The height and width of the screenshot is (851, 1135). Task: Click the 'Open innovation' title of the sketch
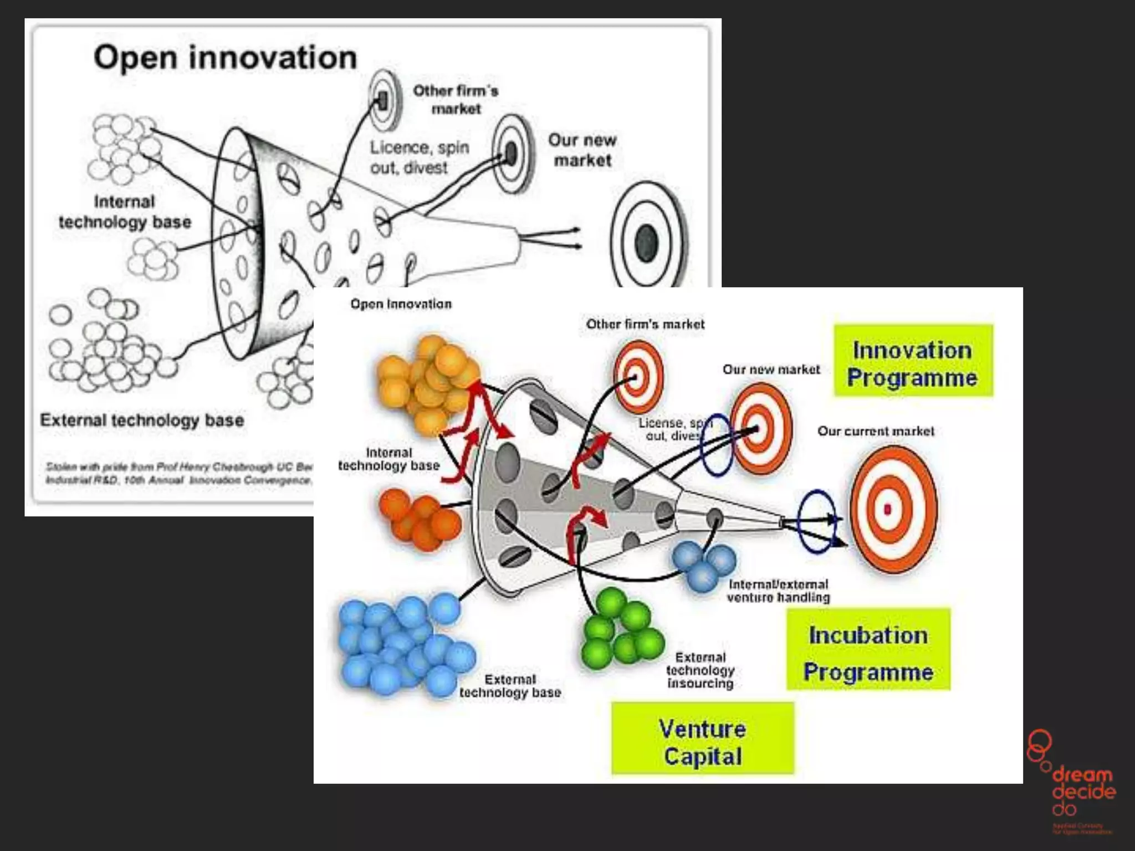[x=225, y=58]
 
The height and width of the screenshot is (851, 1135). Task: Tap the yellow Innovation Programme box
[x=913, y=361]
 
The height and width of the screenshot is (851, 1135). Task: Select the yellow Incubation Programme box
[x=868, y=649]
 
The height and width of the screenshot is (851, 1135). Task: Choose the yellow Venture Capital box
[x=702, y=739]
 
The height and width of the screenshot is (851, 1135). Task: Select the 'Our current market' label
[x=876, y=431]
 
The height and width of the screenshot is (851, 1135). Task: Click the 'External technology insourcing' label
[x=700, y=670]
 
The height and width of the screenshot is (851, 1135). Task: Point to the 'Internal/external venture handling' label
[x=778, y=591]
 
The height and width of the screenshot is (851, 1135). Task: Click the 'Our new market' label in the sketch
[x=582, y=150]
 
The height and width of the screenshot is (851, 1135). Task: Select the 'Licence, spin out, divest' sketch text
[x=420, y=157]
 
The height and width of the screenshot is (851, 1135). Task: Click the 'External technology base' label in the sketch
[x=142, y=420]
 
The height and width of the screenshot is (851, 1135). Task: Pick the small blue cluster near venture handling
[x=703, y=563]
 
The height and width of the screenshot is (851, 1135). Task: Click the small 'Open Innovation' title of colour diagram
[x=401, y=304]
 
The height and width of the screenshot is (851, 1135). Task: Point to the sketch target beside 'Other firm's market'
[x=384, y=100]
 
